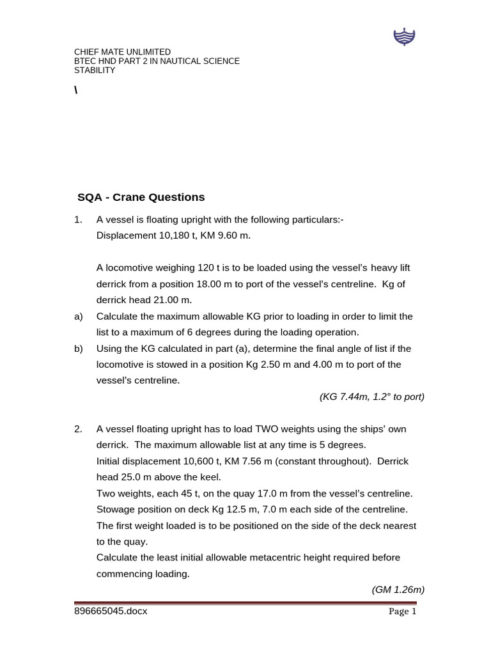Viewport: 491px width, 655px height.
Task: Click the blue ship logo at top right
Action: click(x=404, y=38)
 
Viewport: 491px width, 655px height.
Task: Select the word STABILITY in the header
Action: click(x=95, y=70)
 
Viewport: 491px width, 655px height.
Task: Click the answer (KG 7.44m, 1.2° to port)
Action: click(x=371, y=397)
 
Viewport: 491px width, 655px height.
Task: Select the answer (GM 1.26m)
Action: click(x=398, y=590)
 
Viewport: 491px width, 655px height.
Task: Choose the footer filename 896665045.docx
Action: click(x=111, y=611)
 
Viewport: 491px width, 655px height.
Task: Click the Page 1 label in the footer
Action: click(x=403, y=612)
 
